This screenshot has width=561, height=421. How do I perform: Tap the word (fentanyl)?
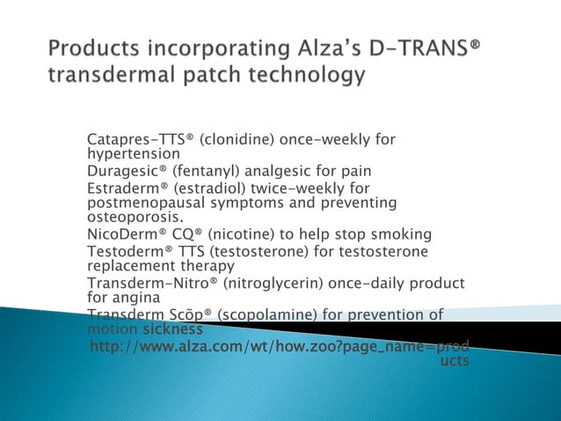(212, 171)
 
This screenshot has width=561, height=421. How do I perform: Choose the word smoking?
(401, 234)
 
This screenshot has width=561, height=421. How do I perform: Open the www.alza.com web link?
(280, 346)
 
